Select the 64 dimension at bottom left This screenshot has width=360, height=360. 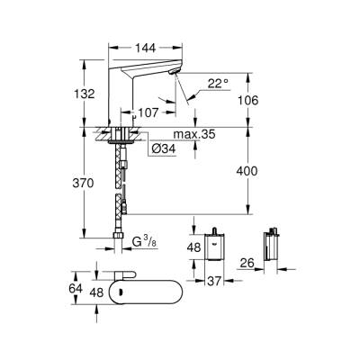pos(76,291)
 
